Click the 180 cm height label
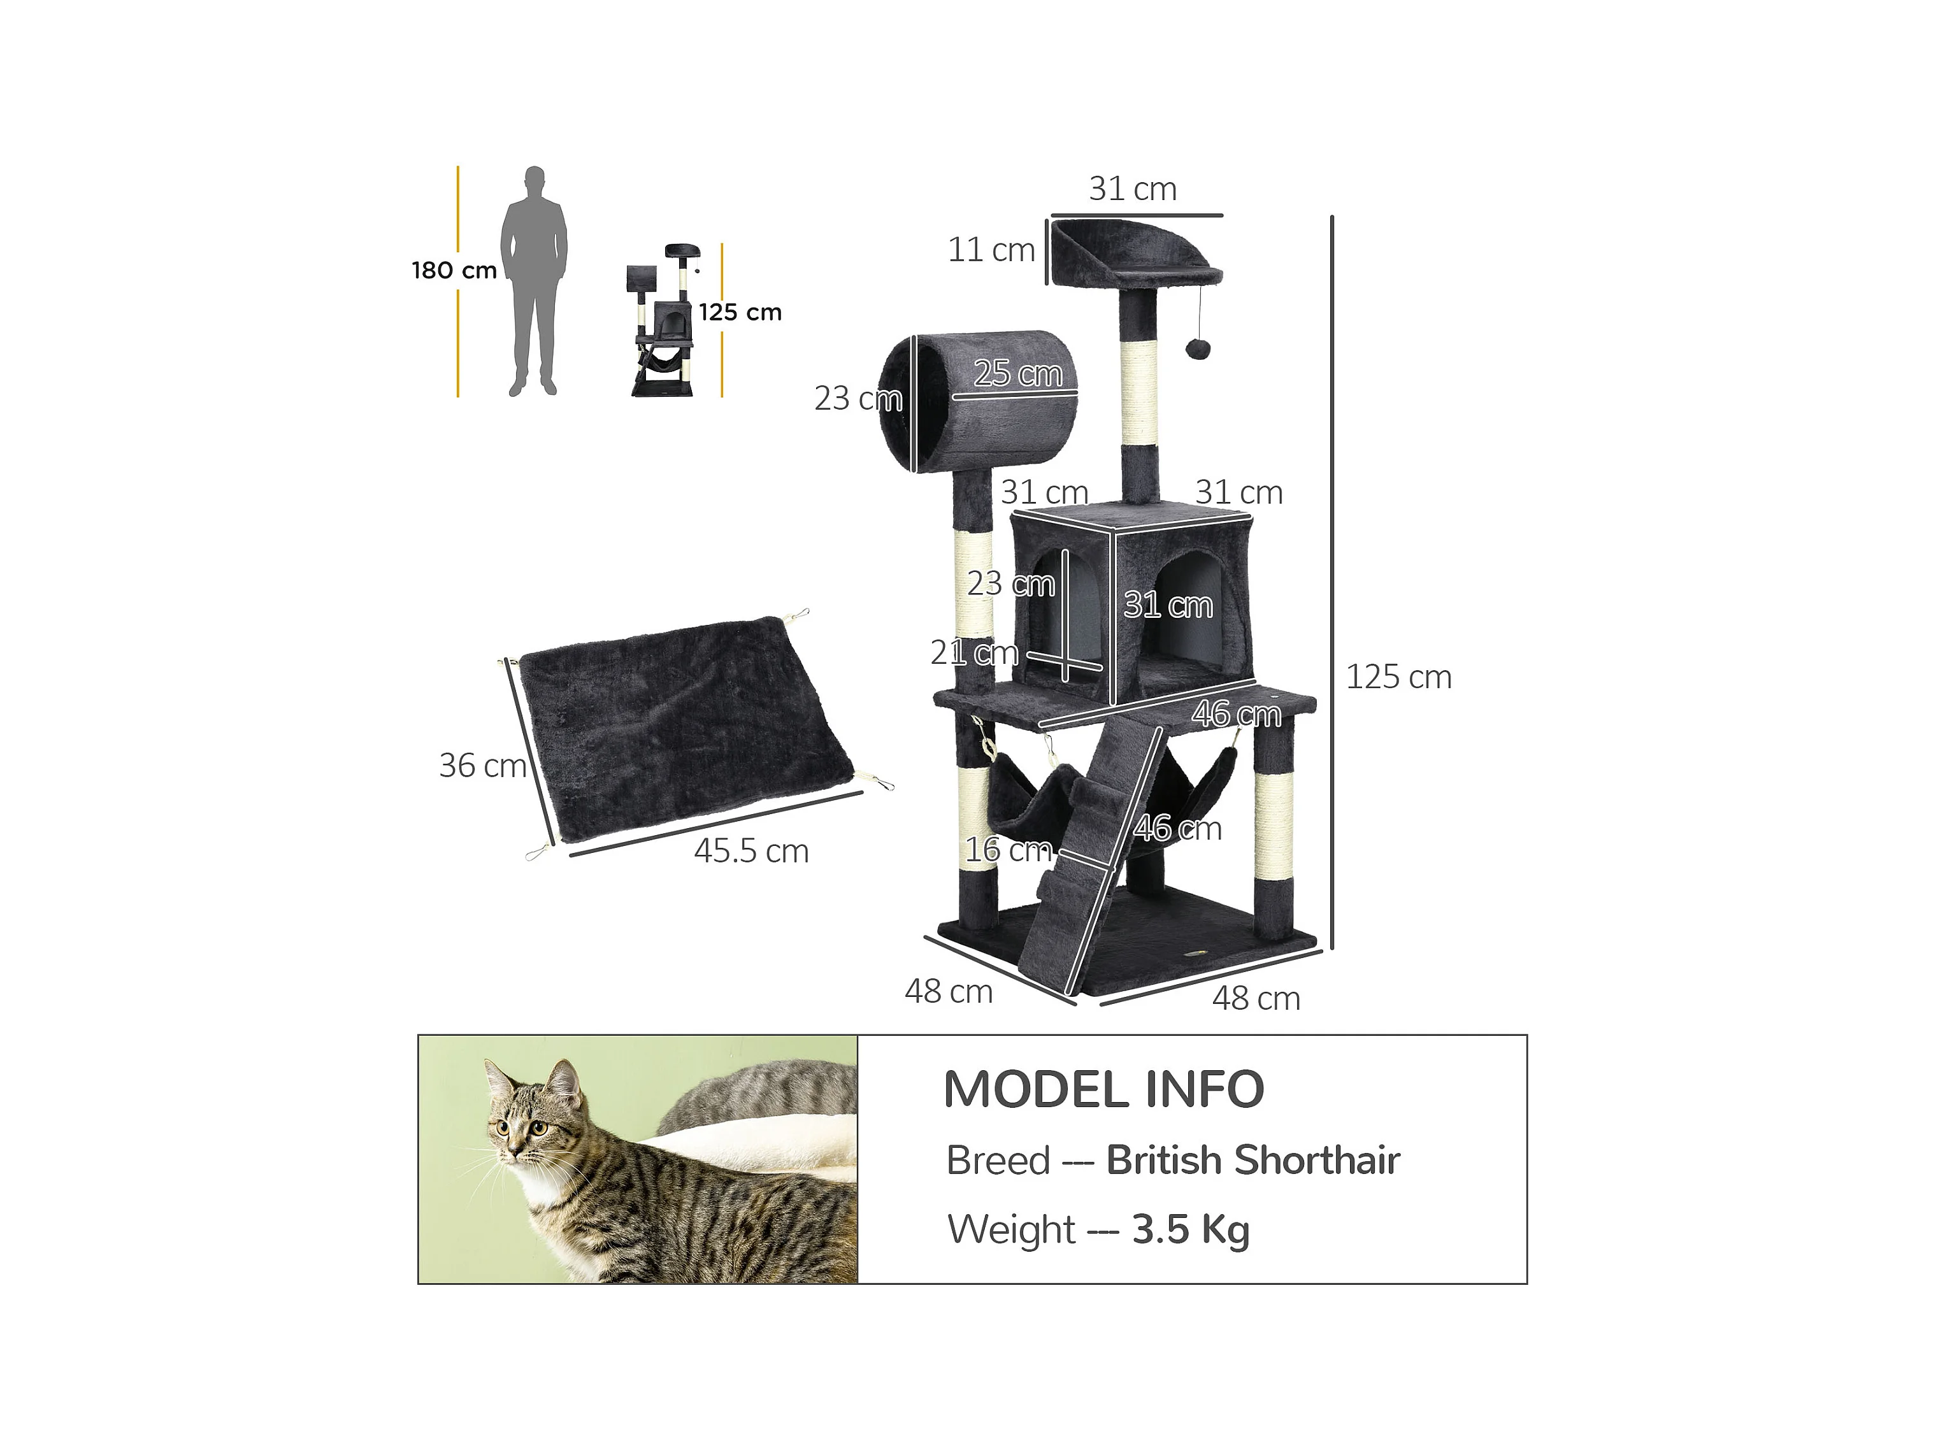click(x=454, y=271)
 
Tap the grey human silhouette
click(x=534, y=280)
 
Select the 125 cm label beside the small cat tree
click(x=740, y=313)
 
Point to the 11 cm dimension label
click(x=991, y=250)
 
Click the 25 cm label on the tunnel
click(x=1017, y=374)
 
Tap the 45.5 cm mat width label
click(x=751, y=851)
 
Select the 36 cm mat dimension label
click(x=482, y=766)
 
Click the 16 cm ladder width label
click(x=1008, y=850)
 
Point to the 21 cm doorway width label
click(x=973, y=652)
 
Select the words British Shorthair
click(x=1253, y=1161)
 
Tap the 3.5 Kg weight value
click(x=1191, y=1229)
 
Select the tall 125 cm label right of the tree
click(x=1398, y=677)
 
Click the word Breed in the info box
click(x=998, y=1161)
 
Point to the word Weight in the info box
click(x=1011, y=1229)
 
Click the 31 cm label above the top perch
click(x=1132, y=189)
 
